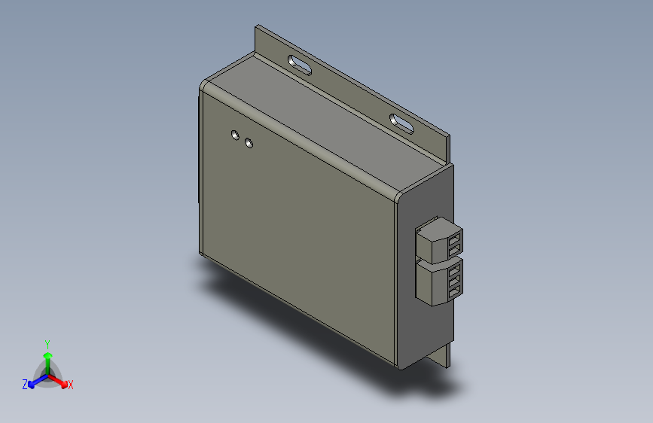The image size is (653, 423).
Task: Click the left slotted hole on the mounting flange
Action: [x=300, y=64]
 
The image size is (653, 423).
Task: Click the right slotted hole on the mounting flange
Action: [x=401, y=122]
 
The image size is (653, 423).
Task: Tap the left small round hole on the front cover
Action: [x=235, y=135]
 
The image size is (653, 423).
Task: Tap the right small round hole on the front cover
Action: [x=249, y=142]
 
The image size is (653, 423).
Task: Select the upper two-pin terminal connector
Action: [x=437, y=239]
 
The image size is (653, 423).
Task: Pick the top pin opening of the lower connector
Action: [x=454, y=267]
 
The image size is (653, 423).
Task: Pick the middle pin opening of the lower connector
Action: [x=454, y=276]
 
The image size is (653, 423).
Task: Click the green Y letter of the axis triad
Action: [x=47, y=342]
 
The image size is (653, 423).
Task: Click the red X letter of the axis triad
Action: [x=71, y=385]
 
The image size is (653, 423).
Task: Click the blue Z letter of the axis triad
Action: [x=25, y=385]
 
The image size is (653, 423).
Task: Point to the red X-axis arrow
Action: [x=60, y=380]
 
